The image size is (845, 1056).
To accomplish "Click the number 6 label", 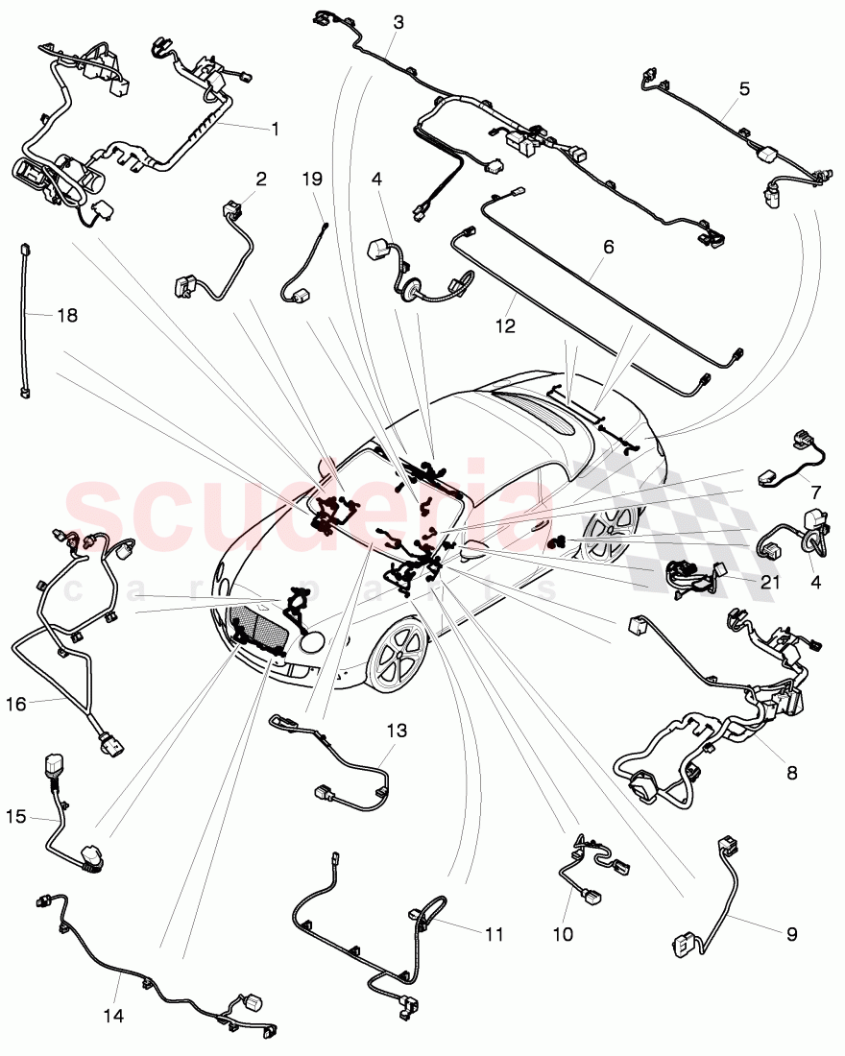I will (x=607, y=247).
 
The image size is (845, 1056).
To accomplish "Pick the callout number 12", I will (x=505, y=326).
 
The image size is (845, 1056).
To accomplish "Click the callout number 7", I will (x=815, y=492).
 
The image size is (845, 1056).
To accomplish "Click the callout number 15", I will (x=16, y=818).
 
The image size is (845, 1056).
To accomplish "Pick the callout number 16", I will (x=16, y=704).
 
